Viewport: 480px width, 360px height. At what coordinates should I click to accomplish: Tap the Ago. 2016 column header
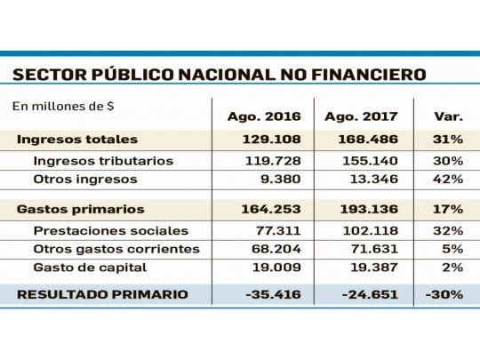click(264, 116)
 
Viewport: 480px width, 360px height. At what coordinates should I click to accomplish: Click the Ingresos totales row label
click(77, 140)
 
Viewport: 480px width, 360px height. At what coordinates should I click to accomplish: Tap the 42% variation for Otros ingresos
click(447, 179)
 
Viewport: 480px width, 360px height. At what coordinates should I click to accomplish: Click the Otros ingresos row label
click(85, 179)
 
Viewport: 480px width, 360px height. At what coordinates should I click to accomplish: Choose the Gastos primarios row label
click(80, 209)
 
